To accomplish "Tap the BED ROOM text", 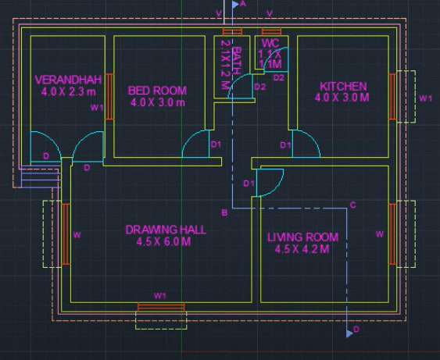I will [x=157, y=90].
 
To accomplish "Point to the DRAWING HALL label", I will [x=166, y=230].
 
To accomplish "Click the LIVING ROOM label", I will [x=302, y=237].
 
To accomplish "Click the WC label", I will [x=270, y=43].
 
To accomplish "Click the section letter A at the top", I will [x=243, y=5].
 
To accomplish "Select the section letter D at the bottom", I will [x=356, y=330].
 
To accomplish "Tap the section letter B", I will [x=224, y=212].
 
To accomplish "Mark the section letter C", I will [x=352, y=205].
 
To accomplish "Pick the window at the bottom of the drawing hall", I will [x=161, y=305].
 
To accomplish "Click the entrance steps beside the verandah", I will [x=38, y=178].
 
